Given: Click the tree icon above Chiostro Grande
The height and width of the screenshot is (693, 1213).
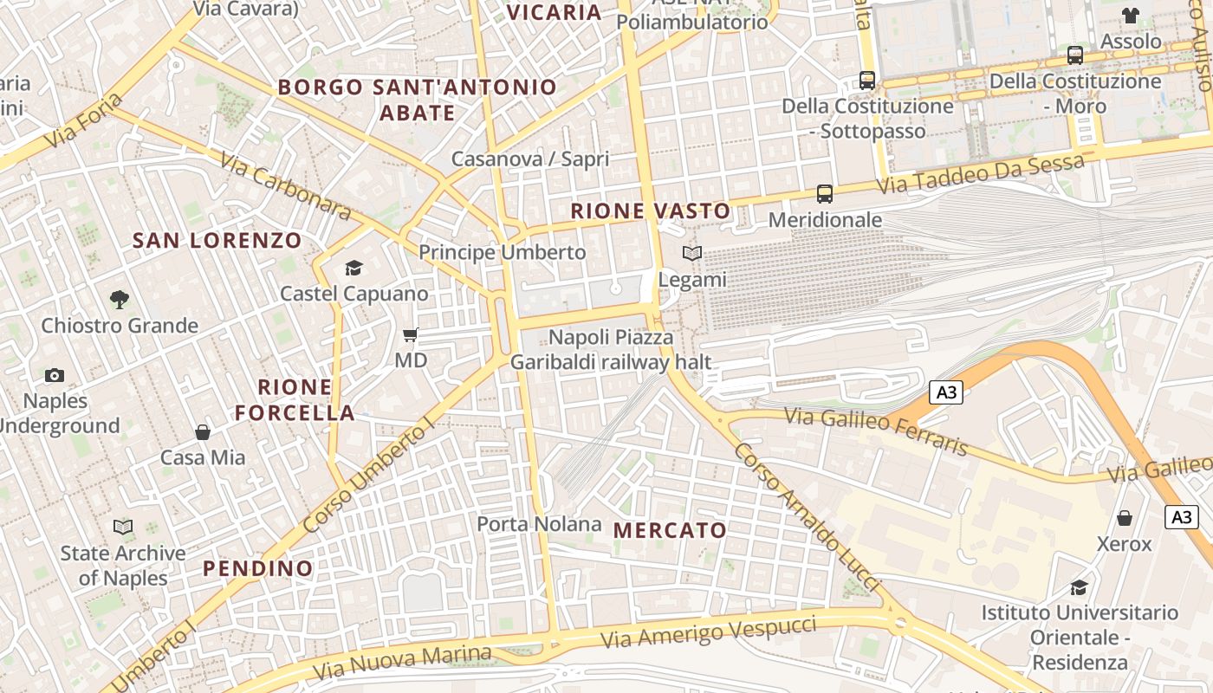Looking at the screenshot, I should point(120,300).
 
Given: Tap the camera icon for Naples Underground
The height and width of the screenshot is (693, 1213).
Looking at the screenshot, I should point(55,375).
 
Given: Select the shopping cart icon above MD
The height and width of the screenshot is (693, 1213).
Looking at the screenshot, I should point(411,334).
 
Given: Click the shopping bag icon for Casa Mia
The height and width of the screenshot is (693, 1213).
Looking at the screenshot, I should point(203,431).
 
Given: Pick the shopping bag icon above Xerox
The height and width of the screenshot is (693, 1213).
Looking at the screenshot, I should point(1124,518).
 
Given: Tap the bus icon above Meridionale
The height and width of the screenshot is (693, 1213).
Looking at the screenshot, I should point(824,194).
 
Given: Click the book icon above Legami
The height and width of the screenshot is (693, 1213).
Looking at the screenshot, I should point(691,253).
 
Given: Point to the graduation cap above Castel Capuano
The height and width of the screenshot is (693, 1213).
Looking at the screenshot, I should point(354,268).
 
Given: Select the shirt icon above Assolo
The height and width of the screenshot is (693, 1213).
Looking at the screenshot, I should point(1131,15).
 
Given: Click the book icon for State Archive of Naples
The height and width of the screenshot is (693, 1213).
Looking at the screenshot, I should point(123,527).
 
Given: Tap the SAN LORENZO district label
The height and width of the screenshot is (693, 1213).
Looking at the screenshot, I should point(217,241).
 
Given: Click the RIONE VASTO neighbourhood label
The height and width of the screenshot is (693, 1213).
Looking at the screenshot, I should point(650,210).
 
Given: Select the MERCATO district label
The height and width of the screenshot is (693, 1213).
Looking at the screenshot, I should point(670,530).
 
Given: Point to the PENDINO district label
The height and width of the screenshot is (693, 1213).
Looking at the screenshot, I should point(257,568).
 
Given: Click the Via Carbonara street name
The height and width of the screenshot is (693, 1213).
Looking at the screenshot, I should point(285,186).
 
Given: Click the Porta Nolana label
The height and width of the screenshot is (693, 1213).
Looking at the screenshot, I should point(539,524).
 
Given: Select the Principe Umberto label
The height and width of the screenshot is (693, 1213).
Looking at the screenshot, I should point(503,252).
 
